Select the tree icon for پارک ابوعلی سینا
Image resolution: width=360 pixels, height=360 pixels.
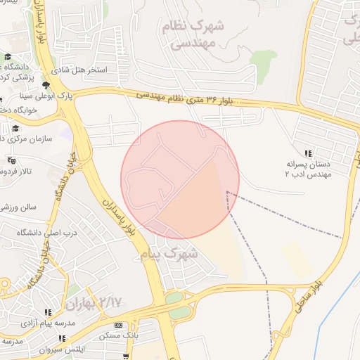click(x=46, y=84)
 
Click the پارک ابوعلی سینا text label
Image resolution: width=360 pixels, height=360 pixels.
click(x=27, y=94)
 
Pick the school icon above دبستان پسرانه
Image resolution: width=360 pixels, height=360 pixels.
click(x=307, y=153)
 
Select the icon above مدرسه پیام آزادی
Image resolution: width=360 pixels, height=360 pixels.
click(x=48, y=312)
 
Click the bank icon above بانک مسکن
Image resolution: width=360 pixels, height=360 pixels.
click(x=117, y=325)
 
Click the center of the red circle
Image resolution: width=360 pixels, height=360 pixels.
click(x=180, y=179)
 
